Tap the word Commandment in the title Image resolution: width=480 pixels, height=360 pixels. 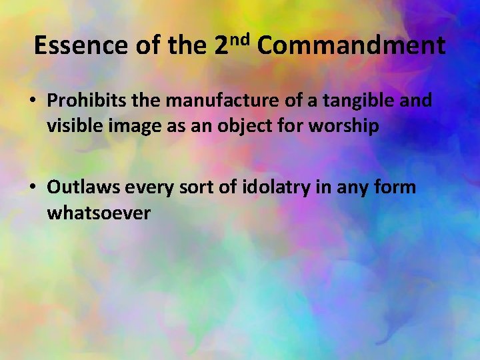point(351,45)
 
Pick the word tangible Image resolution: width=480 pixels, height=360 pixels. point(357,101)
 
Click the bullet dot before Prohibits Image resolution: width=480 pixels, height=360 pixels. point(32,101)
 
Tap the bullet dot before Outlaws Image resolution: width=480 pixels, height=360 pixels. point(32,188)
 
